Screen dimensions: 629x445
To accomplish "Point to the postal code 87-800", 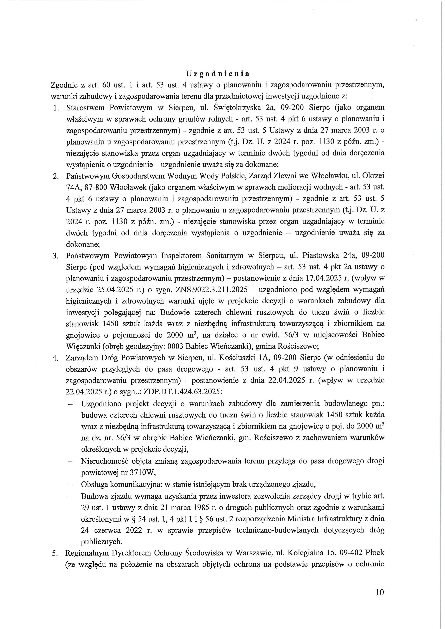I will [93, 187].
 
